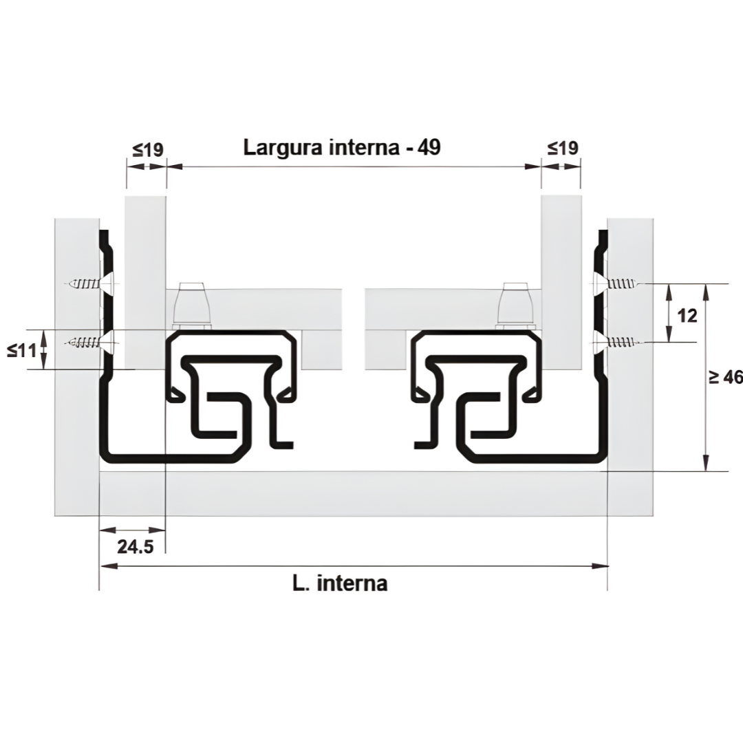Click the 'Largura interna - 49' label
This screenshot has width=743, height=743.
[x=342, y=147]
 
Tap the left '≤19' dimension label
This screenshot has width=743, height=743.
[x=148, y=150]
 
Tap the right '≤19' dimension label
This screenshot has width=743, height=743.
[x=563, y=149]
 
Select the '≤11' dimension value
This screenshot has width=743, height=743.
[x=22, y=351]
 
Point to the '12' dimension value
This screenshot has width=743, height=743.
[x=687, y=316]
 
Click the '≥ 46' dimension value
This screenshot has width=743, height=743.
[x=726, y=377]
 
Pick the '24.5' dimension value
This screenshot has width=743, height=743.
[x=136, y=547]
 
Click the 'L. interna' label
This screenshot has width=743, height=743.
[x=340, y=583]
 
